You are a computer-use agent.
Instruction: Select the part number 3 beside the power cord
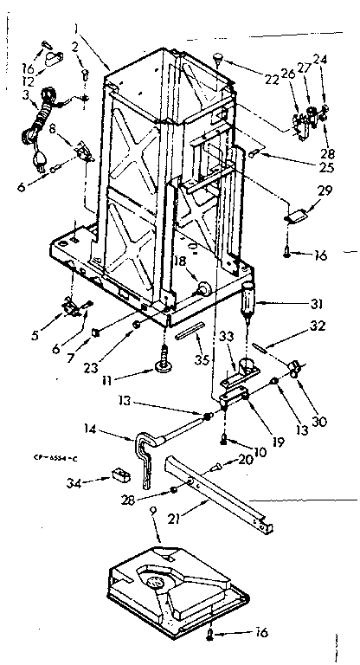pyautogui.click(x=27, y=95)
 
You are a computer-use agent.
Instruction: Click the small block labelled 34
pyautogui.click(x=114, y=475)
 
